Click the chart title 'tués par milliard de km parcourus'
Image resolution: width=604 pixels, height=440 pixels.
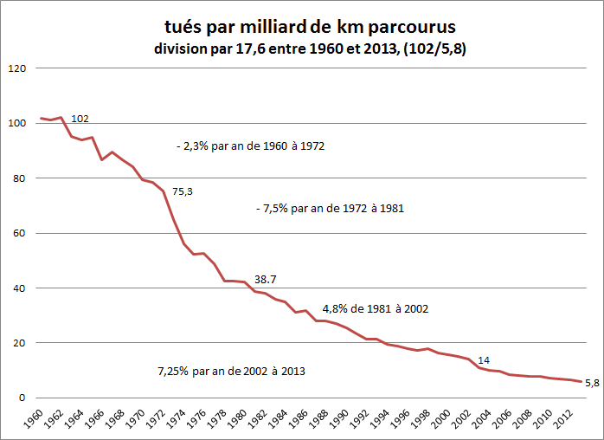311,26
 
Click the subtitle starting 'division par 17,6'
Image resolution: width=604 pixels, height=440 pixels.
311,49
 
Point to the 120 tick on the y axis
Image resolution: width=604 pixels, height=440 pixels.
16,68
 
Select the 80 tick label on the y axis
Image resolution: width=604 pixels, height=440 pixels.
19,178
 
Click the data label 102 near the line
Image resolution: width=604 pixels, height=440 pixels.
80,119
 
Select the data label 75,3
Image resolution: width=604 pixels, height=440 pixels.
182,191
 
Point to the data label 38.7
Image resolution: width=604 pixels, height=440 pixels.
266,280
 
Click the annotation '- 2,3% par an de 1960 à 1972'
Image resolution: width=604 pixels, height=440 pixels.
249,146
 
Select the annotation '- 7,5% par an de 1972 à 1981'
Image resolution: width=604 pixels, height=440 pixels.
331,209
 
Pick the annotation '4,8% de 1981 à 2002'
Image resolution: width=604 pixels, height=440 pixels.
375,308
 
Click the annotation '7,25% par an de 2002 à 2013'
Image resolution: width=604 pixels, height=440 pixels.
231,370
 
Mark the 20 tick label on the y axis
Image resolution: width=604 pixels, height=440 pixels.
19,343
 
